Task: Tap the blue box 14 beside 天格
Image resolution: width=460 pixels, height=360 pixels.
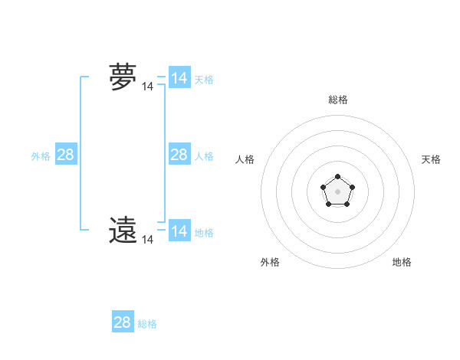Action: tap(179, 78)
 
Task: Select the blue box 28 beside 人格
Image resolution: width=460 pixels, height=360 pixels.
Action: tap(179, 155)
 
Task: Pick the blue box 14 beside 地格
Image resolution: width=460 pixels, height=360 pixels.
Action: tap(179, 231)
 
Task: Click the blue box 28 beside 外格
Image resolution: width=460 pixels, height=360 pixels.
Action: tap(66, 155)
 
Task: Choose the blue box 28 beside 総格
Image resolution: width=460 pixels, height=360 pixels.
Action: tap(123, 322)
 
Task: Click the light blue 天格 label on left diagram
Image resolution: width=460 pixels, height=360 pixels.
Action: tap(204, 80)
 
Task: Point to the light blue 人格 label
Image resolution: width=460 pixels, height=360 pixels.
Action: tap(204, 156)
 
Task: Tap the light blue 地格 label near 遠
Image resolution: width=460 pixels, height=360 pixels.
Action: tap(204, 233)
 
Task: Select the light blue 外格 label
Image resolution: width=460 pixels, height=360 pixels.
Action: tap(41, 156)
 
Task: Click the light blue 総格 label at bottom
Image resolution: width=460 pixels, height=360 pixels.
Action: tap(147, 324)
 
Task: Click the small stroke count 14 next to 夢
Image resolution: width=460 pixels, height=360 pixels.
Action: tap(147, 87)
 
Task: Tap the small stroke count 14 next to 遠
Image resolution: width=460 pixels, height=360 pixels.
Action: tap(147, 240)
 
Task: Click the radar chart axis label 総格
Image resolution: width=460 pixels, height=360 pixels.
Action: tap(337, 100)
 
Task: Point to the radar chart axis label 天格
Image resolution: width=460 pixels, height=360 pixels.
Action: tap(431, 159)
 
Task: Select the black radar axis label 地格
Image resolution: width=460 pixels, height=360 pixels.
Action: tap(402, 262)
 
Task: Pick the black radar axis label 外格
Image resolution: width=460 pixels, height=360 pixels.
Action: tap(270, 262)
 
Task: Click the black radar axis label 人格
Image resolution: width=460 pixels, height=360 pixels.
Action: tap(245, 159)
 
